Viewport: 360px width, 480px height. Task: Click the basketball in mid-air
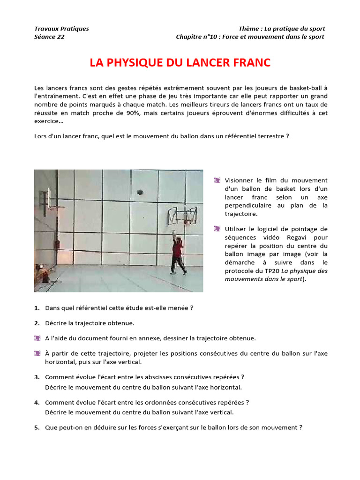point(139,191)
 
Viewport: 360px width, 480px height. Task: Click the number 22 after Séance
point(61,37)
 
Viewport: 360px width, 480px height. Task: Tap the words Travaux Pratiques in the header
point(61,29)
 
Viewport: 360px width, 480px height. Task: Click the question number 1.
point(37,308)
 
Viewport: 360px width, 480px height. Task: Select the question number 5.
point(37,427)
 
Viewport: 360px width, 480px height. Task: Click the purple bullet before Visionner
point(217,180)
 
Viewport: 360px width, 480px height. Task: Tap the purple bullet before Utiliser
point(217,229)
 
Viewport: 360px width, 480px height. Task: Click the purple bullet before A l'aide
point(37,338)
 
